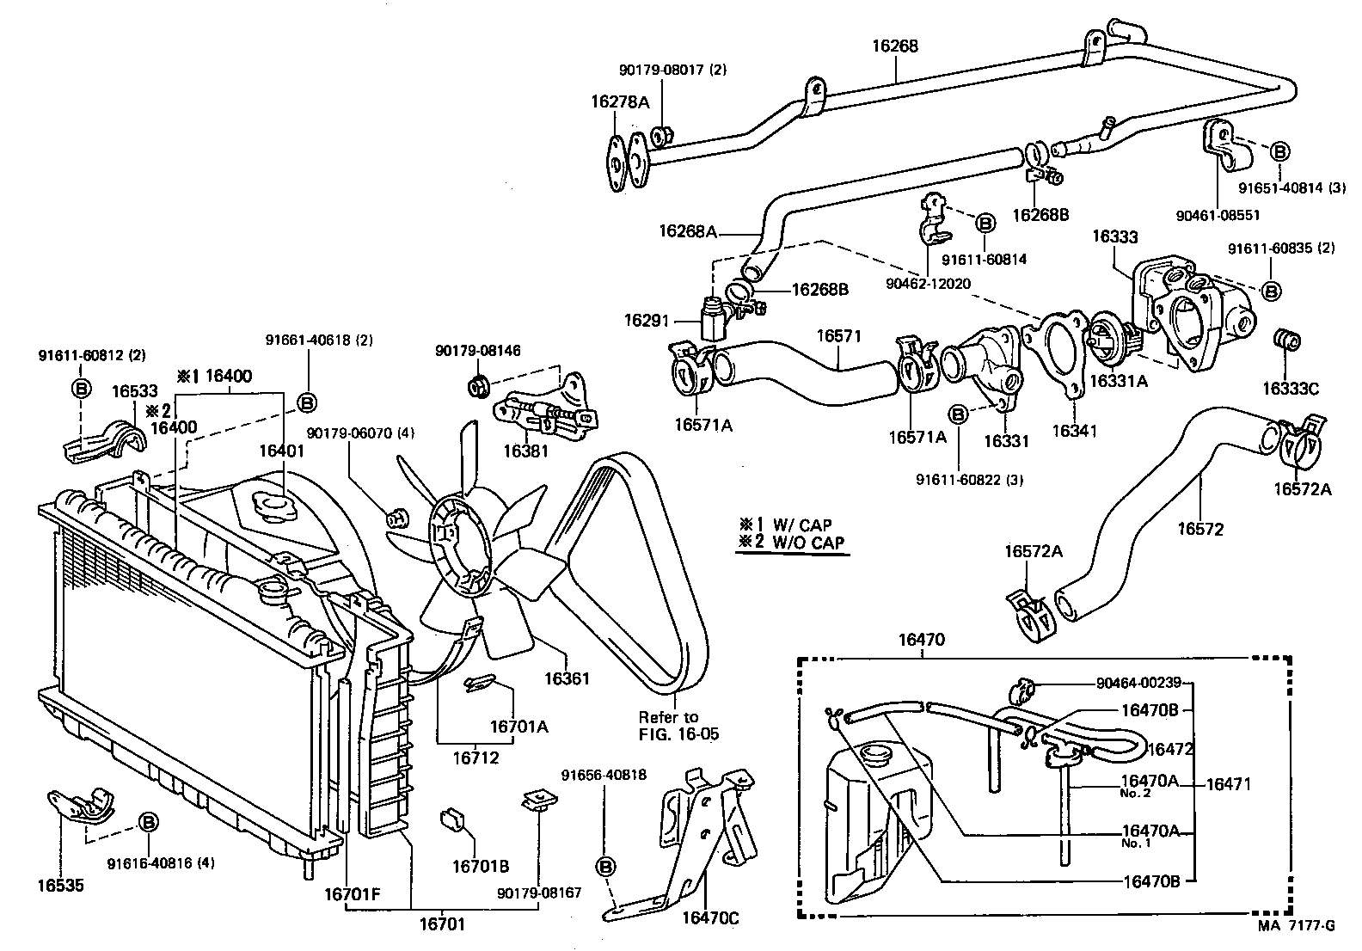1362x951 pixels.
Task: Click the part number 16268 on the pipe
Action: (x=894, y=46)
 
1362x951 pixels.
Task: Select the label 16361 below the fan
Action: (x=567, y=678)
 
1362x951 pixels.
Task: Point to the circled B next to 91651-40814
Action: (x=1279, y=152)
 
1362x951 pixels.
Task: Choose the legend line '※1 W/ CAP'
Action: (x=785, y=525)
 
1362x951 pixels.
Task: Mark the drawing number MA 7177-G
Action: (x=1296, y=925)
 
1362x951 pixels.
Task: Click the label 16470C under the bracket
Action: (x=710, y=918)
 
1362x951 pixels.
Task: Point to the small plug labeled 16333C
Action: (x=1285, y=341)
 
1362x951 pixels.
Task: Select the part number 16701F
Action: (x=352, y=895)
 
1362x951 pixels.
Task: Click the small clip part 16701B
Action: (x=452, y=819)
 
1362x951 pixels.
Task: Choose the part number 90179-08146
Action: (x=478, y=351)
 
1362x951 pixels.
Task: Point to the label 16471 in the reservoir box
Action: (x=1228, y=783)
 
